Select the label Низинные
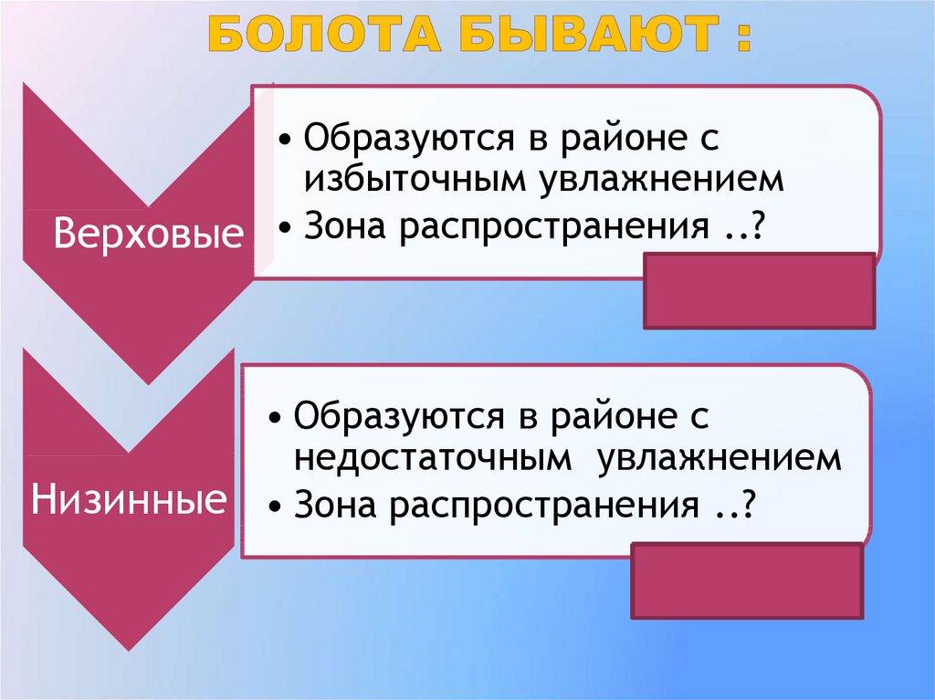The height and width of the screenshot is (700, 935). coord(129,499)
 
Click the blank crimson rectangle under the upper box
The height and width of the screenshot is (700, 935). coord(759,290)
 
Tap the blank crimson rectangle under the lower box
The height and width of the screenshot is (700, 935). coord(747,581)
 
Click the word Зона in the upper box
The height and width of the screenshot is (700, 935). coord(343,227)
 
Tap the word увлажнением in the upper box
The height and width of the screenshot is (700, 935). coord(660,180)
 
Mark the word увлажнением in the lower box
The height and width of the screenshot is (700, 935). coord(720,458)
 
